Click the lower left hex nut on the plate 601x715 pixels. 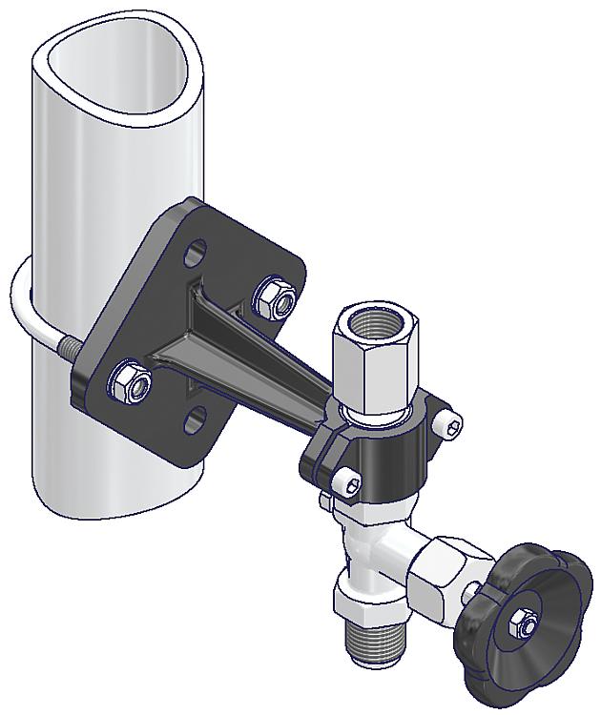click(x=128, y=383)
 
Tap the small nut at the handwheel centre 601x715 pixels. click(x=525, y=624)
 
